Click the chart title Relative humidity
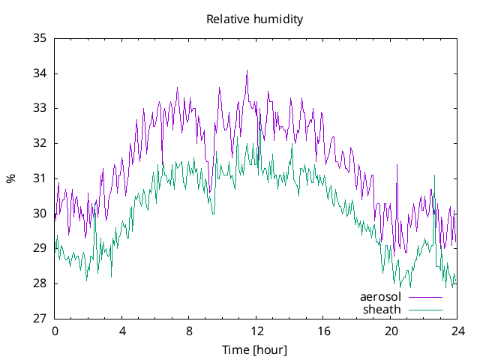tap(254, 19)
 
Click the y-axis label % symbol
tap(10, 178)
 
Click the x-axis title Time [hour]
tap(254, 350)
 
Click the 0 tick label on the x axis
tap(55, 331)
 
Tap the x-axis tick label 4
tap(122, 331)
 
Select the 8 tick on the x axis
tap(189, 331)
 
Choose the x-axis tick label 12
tap(256, 331)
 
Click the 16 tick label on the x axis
tap(323, 331)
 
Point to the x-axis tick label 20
tap(391, 331)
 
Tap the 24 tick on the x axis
tap(457, 331)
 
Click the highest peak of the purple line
tap(247, 70)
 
